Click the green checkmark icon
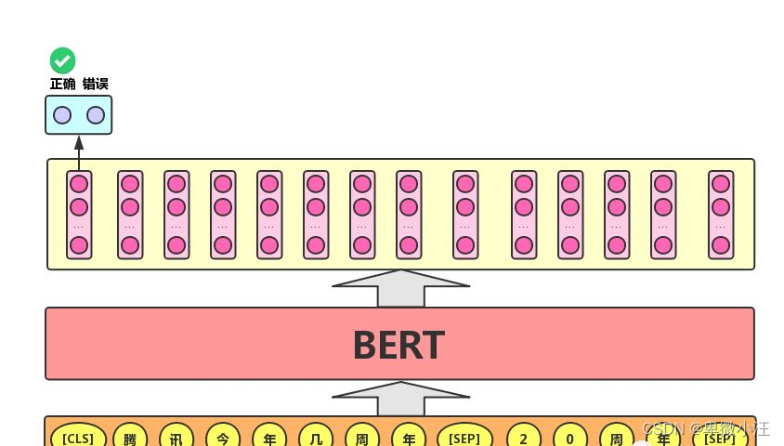(62, 61)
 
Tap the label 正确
(62, 84)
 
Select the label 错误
(95, 84)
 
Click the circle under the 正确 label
(62, 115)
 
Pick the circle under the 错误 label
(96, 115)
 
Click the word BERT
(399, 345)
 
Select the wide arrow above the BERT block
(400, 288)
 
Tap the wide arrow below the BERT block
(400, 399)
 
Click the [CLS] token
(78, 437)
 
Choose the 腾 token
(130, 437)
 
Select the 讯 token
(176, 437)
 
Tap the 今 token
(223, 437)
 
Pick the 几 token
(316, 437)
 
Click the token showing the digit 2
(524, 437)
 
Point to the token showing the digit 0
(570, 437)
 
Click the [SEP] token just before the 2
(464, 437)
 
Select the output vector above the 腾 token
(130, 215)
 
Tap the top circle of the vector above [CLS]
(79, 184)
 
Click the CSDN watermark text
(705, 428)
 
